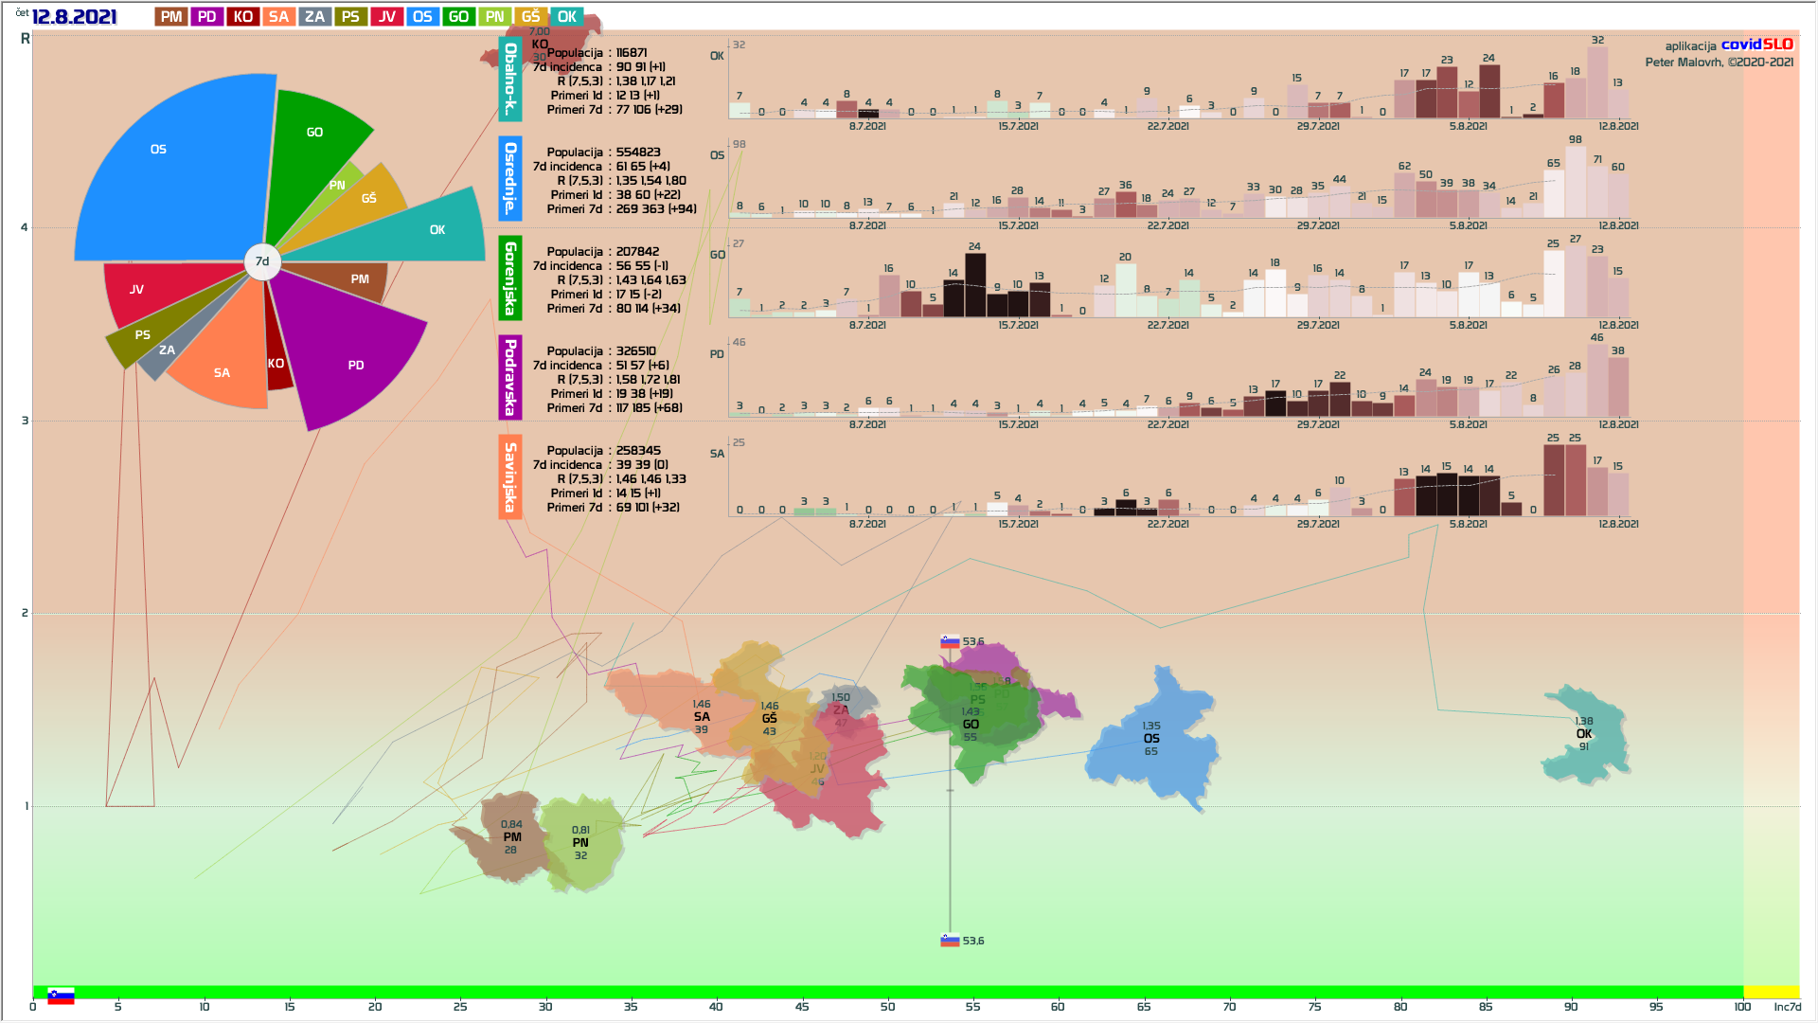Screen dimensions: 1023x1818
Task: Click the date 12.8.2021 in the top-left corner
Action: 74,17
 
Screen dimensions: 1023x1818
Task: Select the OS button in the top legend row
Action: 422,17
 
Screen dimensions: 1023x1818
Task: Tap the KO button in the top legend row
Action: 243,17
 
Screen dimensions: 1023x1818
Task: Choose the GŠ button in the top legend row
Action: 530,17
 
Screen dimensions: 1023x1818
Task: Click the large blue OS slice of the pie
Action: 170,170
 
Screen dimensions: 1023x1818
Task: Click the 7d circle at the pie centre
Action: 262,261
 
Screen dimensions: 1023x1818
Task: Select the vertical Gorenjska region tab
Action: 510,278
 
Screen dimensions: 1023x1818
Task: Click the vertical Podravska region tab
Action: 510,377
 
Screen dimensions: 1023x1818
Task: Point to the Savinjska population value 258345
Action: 638,451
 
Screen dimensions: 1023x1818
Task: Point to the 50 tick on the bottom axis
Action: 887,1006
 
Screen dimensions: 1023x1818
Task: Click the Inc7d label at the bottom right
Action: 1787,1007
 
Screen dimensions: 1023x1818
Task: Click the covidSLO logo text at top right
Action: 1756,45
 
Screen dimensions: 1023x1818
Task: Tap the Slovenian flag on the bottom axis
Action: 61,996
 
